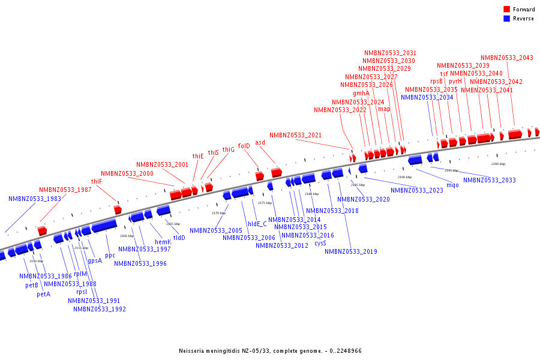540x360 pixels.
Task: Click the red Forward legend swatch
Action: pyautogui.click(x=507, y=10)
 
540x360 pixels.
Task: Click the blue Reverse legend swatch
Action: pyautogui.click(x=507, y=19)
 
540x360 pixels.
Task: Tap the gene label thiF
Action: pyautogui.click(x=97, y=181)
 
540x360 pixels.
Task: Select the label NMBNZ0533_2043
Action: pyautogui.click(x=506, y=58)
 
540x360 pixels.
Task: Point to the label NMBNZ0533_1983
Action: pyautogui.click(x=35, y=199)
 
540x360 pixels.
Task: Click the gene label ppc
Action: pyautogui.click(x=110, y=255)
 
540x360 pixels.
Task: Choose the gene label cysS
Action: pyautogui.click(x=320, y=243)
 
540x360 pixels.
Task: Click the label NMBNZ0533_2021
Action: pyautogui.click(x=295, y=135)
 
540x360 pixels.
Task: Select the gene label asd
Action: pyautogui.click(x=260, y=142)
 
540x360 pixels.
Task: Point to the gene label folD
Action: pyautogui.click(x=244, y=146)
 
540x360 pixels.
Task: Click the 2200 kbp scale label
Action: pyautogui.click(x=498, y=164)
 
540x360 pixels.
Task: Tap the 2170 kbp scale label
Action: pyautogui.click(x=218, y=213)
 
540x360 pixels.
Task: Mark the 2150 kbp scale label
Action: pyautogui.click(x=36, y=261)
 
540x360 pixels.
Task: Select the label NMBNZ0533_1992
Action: pyautogui.click(x=100, y=309)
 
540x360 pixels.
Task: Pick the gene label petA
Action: pyautogui.click(x=44, y=294)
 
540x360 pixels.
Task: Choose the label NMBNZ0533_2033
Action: pyautogui.click(x=489, y=180)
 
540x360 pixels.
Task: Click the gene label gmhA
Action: pyautogui.click(x=361, y=93)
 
